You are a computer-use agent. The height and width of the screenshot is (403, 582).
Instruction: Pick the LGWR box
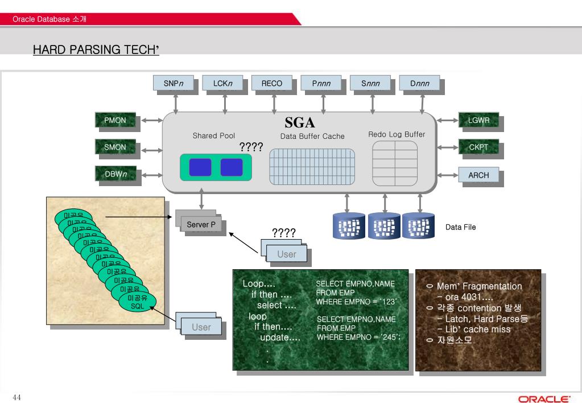coord(478,121)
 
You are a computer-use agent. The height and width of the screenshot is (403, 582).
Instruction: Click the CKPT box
coord(478,147)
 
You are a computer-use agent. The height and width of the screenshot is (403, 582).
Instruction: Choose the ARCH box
coord(478,175)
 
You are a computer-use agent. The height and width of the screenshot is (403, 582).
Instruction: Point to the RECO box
coord(271,84)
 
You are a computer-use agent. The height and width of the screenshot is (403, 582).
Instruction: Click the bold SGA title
coord(300,123)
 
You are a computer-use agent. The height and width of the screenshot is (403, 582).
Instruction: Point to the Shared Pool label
coord(213,136)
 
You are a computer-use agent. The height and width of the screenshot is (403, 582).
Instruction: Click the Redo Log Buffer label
coord(397,135)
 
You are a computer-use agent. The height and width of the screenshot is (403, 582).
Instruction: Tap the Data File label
coord(460,227)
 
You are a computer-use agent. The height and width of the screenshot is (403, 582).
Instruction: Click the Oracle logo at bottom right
coord(544,398)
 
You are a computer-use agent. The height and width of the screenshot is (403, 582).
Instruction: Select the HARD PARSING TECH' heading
coord(96,50)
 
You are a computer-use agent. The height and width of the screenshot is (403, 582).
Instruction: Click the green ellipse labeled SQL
coord(137,306)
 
